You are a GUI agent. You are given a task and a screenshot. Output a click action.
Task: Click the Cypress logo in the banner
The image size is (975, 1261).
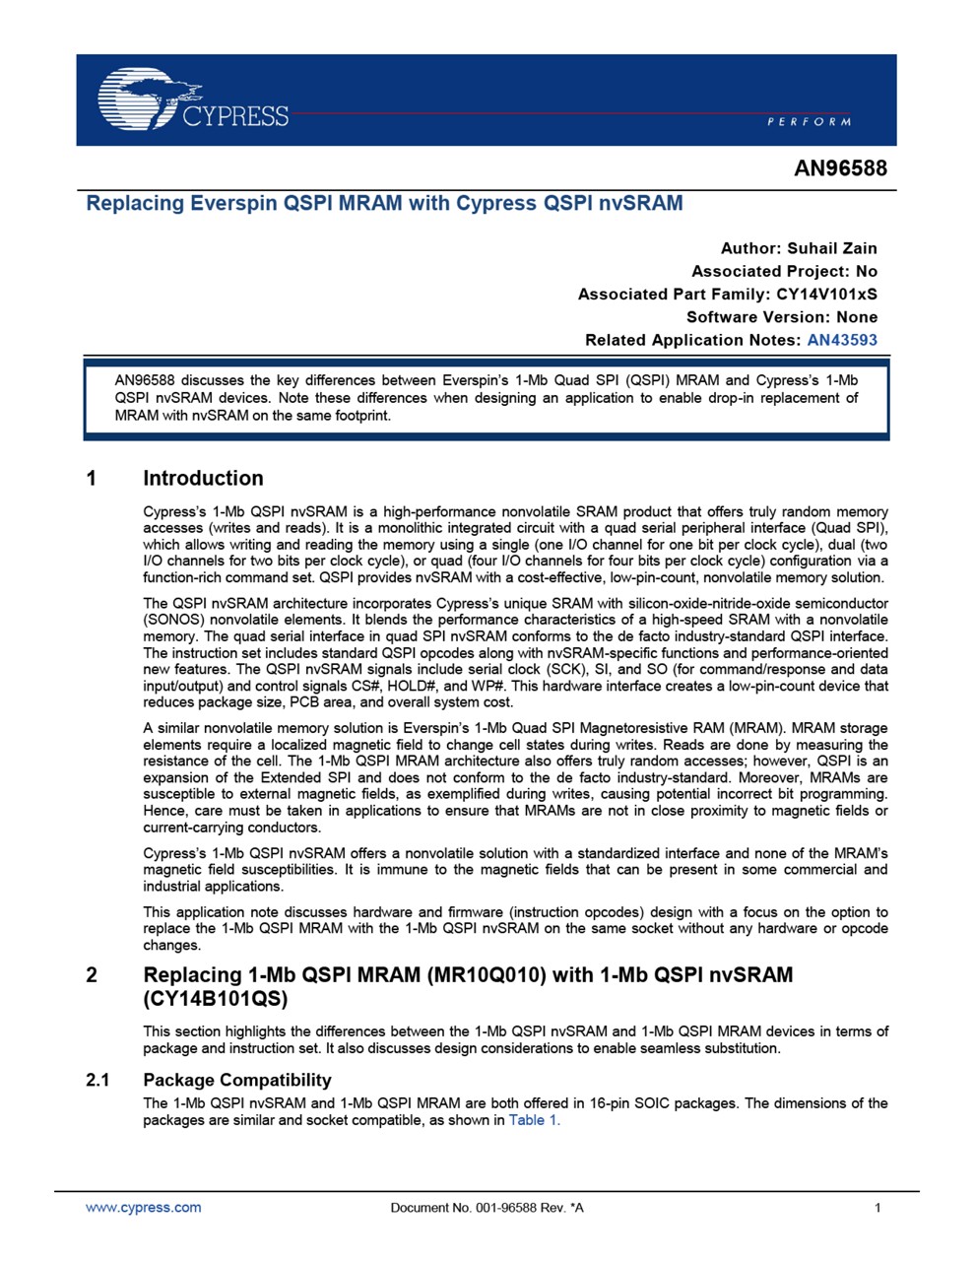click(192, 100)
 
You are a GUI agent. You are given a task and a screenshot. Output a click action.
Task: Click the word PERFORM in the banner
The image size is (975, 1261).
click(809, 121)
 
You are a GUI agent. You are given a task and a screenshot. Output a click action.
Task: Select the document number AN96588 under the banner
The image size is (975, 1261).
click(840, 168)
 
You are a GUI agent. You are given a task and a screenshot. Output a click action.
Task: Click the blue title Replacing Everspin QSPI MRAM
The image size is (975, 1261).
click(384, 204)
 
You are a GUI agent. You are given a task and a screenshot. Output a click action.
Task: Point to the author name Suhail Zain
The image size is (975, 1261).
click(832, 248)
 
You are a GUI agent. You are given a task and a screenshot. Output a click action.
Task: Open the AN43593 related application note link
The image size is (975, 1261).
click(842, 340)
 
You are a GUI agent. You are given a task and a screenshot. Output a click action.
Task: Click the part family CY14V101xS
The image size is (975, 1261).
click(826, 294)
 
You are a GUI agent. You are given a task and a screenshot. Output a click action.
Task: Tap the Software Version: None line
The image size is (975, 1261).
click(782, 317)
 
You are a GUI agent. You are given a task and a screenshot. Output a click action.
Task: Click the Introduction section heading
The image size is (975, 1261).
click(203, 479)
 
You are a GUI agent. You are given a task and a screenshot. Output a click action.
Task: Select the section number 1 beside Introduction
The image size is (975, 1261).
click(93, 479)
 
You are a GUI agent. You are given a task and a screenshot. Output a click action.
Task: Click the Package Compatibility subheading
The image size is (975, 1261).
click(236, 1080)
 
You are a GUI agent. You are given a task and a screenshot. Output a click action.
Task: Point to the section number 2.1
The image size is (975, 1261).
click(97, 1080)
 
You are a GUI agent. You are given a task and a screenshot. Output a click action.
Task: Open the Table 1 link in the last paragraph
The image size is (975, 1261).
click(534, 1120)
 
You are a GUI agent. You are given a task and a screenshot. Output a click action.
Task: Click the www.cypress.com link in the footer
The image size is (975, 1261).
click(144, 1208)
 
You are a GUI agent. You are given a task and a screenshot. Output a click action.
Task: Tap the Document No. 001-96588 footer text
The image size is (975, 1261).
click(487, 1208)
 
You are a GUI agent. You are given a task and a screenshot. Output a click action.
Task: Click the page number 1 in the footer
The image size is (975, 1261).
click(877, 1208)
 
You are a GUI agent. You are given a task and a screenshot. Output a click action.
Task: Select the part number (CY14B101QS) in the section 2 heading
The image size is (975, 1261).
click(216, 999)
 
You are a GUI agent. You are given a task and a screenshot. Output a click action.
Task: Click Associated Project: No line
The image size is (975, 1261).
click(784, 271)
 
